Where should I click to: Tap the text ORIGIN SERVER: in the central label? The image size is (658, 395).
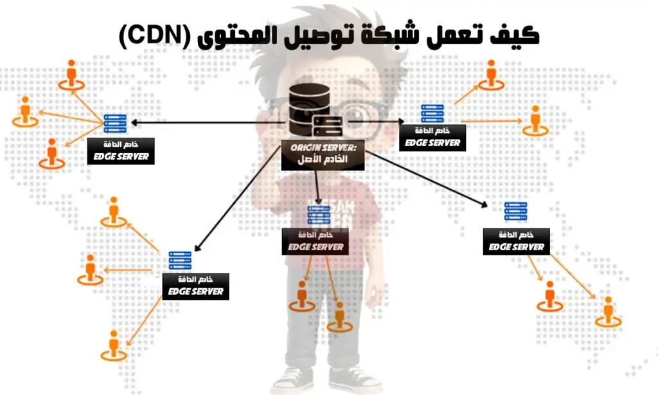coord(323,148)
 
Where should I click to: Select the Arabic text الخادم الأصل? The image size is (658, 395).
coord(323,160)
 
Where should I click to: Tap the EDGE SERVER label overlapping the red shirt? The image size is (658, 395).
coord(316,246)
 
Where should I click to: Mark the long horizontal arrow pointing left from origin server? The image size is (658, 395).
coord(206,122)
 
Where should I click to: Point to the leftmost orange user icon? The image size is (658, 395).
coord(24,111)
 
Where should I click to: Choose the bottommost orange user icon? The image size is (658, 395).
coord(114,345)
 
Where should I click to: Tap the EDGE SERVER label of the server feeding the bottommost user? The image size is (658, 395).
coord(195,291)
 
